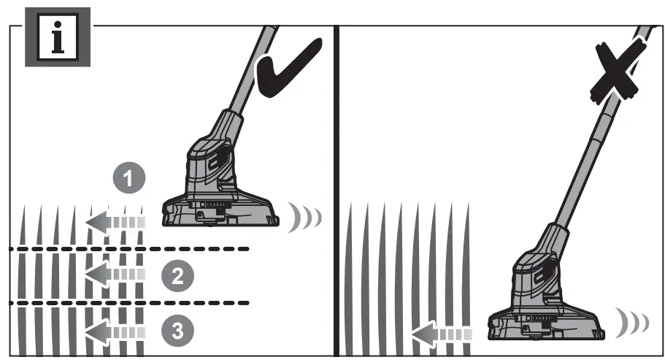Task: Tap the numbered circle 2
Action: coord(177,275)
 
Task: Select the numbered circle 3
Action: coord(177,331)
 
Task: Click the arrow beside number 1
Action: coord(115,221)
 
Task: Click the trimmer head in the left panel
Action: coord(219,190)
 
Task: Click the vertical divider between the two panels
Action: coord(336,190)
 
